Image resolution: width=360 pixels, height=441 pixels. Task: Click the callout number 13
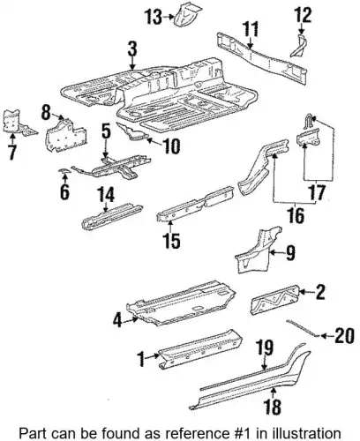point(154,17)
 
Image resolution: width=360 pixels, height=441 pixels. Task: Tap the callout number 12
point(303,15)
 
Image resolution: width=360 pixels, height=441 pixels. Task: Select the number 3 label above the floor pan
point(132,49)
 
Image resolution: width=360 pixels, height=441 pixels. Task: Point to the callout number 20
point(344,335)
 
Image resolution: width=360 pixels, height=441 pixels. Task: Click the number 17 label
point(317,191)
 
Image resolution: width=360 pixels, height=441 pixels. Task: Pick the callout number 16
point(296,215)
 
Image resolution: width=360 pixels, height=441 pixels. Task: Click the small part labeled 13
point(188,14)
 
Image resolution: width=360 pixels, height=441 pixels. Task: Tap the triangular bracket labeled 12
point(299,46)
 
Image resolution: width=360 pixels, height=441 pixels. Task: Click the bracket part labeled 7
point(16,123)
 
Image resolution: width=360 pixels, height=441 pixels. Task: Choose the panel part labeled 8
point(66,136)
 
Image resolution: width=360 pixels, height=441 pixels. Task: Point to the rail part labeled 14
point(111,217)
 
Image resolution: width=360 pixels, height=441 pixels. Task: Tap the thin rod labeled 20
point(302,328)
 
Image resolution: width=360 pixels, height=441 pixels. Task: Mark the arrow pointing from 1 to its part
point(153,356)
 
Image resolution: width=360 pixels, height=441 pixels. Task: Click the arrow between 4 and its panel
point(130,320)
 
